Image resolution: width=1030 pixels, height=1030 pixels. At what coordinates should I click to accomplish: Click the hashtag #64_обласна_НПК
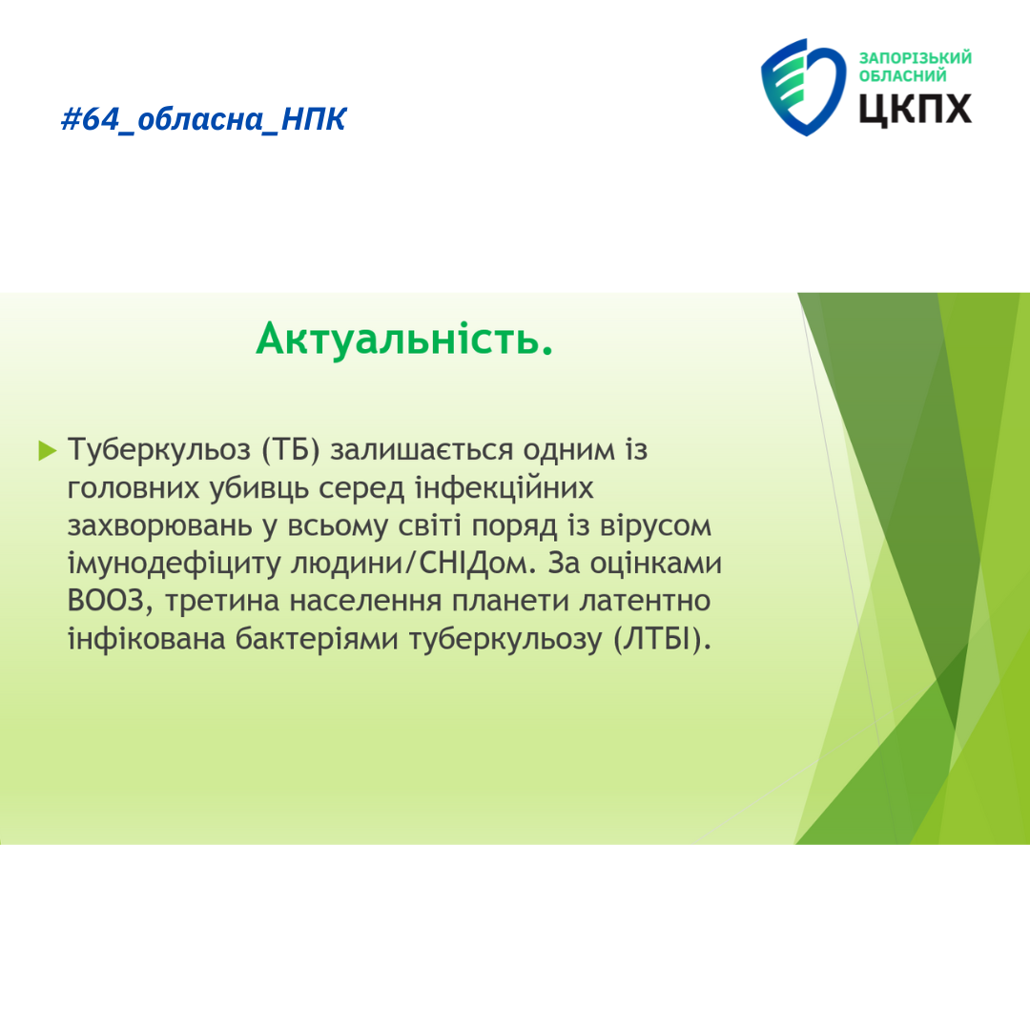(203, 119)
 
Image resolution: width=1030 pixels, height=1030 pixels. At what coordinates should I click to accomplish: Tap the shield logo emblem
(803, 87)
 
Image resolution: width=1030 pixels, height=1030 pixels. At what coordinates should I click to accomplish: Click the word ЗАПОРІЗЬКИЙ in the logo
(915, 58)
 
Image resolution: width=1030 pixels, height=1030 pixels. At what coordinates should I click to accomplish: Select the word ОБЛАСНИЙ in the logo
(902, 76)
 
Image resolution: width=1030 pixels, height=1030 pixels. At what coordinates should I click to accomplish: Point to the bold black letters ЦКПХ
(915, 109)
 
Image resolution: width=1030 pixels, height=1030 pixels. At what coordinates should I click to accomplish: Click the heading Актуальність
(404, 339)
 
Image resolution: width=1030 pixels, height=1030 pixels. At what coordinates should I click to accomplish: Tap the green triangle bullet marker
(48, 450)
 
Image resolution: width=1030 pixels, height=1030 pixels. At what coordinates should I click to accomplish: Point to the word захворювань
(159, 526)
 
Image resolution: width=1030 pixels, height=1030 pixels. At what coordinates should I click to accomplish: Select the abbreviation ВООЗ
(106, 601)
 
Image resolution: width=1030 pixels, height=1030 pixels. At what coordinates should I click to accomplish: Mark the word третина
(222, 602)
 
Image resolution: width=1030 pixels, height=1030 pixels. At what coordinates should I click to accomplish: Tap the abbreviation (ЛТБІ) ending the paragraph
(662, 639)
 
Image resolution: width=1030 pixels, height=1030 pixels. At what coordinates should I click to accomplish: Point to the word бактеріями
(317, 639)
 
